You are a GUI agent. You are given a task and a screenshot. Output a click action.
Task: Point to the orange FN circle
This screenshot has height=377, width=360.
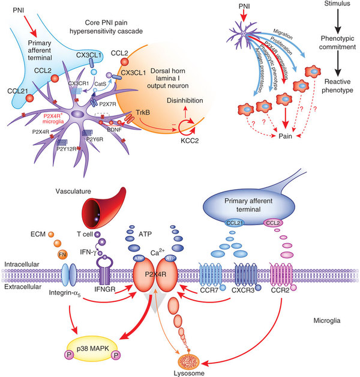[x=62, y=255]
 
